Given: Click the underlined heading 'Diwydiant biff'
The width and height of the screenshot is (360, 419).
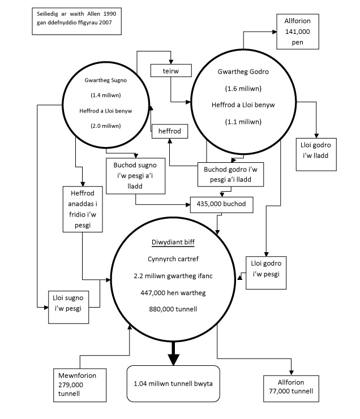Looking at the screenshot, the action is tap(173, 242).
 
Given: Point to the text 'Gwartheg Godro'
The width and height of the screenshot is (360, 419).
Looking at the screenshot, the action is tap(243, 72).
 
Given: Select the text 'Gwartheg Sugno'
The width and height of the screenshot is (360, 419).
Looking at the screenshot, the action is tap(106, 80).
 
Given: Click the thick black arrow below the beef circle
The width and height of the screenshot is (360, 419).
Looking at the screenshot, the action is tap(173, 353).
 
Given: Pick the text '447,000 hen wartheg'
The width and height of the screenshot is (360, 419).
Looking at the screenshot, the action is tap(173, 293).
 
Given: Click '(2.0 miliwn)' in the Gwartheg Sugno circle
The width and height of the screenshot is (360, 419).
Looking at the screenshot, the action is tap(106, 126).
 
